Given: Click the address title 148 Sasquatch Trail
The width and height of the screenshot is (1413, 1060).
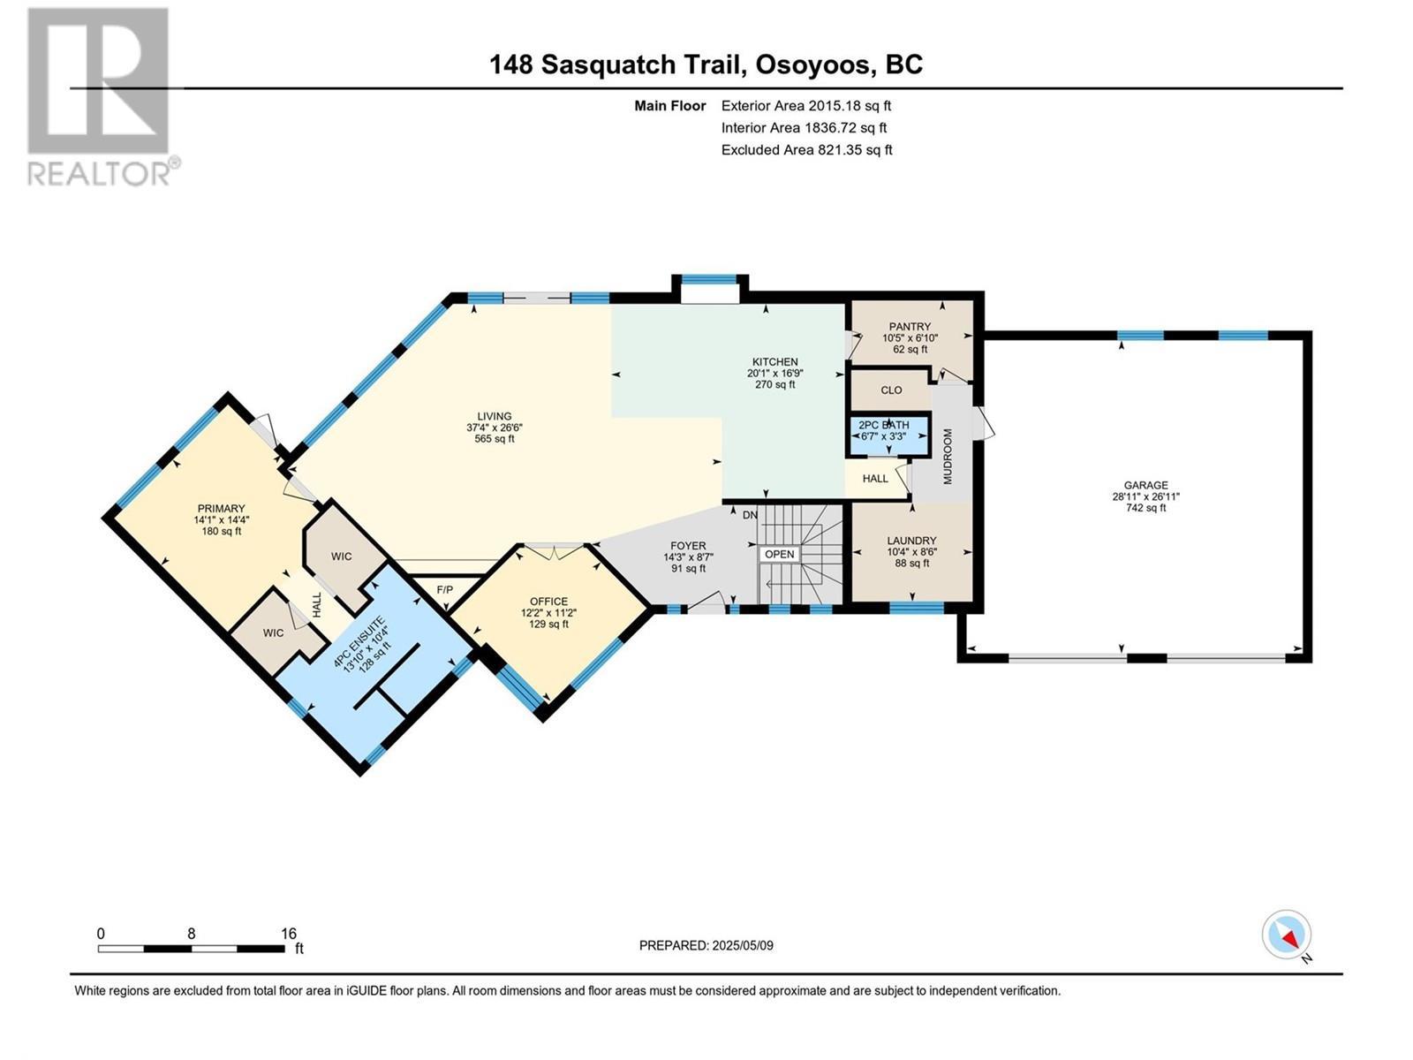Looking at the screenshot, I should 706,64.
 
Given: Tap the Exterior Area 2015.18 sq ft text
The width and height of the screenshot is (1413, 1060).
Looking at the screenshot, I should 805,105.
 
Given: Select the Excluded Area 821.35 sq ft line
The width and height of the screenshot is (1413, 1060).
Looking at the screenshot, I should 806,149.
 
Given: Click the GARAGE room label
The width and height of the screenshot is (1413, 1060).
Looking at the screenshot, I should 1145,485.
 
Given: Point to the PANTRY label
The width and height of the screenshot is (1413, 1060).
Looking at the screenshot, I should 910,327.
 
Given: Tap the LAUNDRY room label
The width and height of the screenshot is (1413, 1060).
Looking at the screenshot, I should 911,541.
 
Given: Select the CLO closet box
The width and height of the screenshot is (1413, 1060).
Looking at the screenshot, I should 891,390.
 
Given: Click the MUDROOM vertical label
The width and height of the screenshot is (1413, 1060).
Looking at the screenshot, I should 948,457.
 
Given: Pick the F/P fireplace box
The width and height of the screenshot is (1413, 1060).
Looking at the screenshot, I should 444,588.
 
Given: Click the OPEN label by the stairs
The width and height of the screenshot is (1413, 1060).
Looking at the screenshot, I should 780,554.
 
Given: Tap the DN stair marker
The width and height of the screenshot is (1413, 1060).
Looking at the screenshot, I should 750,515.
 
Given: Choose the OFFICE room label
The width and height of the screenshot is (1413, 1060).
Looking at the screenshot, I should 548,602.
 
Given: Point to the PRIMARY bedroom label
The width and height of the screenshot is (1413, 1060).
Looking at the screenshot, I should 221,509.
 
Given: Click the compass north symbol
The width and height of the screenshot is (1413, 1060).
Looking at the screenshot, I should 1287,935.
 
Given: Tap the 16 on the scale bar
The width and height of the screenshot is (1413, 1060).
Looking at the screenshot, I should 288,933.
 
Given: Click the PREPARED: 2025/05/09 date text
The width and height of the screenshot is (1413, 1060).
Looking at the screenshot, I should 706,945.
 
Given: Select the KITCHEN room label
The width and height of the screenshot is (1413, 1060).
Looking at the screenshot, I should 775,362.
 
